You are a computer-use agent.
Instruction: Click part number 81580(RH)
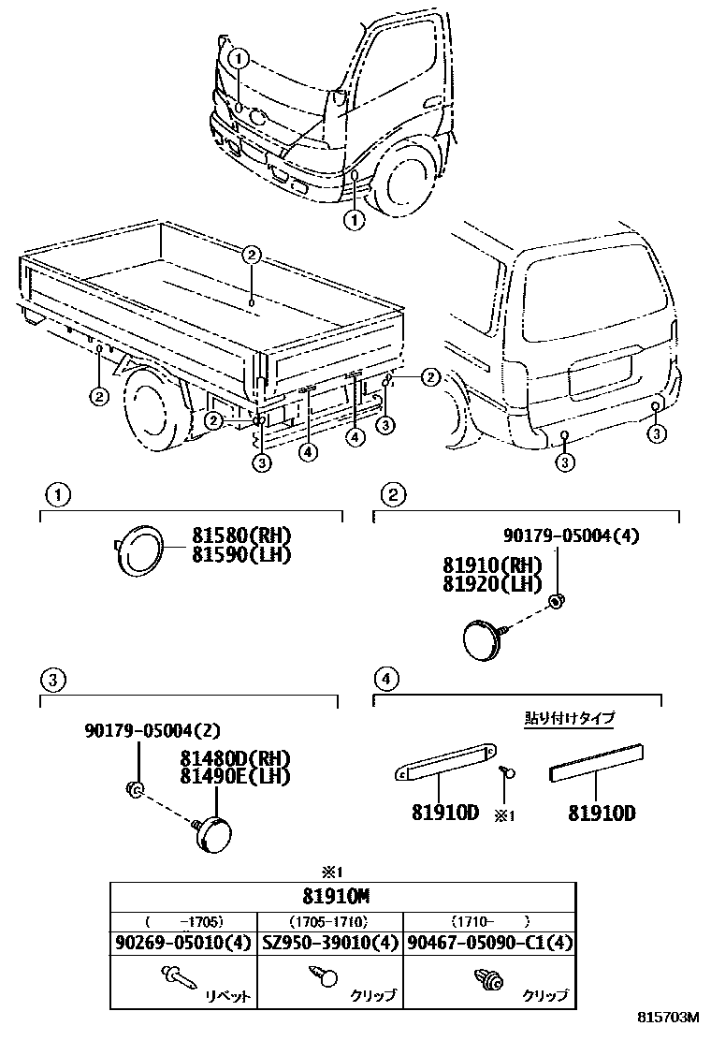tap(242, 536)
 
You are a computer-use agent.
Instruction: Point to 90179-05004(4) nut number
tap(571, 535)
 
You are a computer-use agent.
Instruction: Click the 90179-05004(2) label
tap(152, 730)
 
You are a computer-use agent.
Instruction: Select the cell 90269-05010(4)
tap(182, 943)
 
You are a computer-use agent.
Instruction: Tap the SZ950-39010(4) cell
tap(328, 943)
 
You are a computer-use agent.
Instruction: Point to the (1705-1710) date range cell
tap(328, 919)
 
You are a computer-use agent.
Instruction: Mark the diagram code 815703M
tap(670, 1017)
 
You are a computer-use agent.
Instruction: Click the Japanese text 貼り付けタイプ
tap(569, 718)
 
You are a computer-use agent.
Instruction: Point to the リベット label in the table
tap(227, 996)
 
